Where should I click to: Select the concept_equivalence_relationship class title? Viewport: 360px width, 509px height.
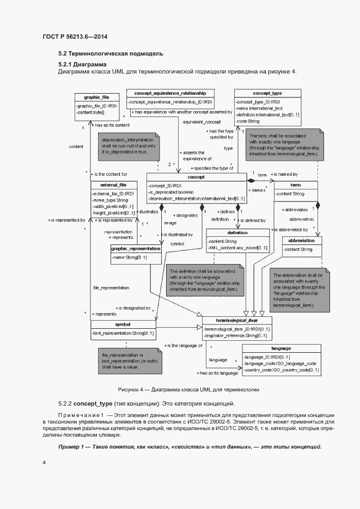tap(169, 93)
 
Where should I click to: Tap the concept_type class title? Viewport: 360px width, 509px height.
tap(267, 93)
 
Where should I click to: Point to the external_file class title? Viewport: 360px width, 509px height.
tap(113, 185)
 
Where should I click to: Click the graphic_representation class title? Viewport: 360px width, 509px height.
tap(136, 248)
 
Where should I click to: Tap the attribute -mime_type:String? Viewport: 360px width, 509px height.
tap(111, 200)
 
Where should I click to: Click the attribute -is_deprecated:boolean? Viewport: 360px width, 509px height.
tap(170, 192)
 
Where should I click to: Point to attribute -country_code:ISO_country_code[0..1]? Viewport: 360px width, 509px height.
tap(282, 370)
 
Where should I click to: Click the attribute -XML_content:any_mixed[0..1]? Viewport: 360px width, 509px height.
tap(238, 248)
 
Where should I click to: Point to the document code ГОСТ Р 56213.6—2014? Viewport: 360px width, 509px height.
tap(75, 36)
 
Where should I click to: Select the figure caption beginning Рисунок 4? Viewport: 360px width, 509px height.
tap(180, 390)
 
